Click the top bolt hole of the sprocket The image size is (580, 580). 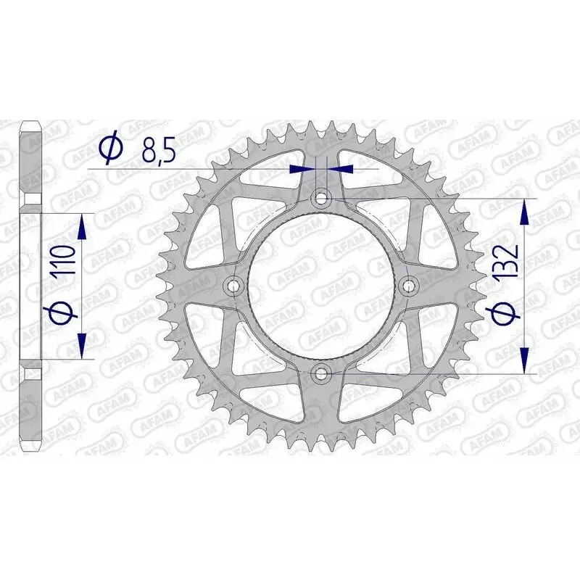(321, 199)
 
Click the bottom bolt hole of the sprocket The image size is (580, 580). (321, 373)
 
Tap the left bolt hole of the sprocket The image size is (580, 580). (233, 286)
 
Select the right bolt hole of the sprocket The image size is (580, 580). (409, 286)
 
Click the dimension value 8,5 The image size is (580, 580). (159, 149)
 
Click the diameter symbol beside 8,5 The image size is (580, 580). (111, 148)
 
